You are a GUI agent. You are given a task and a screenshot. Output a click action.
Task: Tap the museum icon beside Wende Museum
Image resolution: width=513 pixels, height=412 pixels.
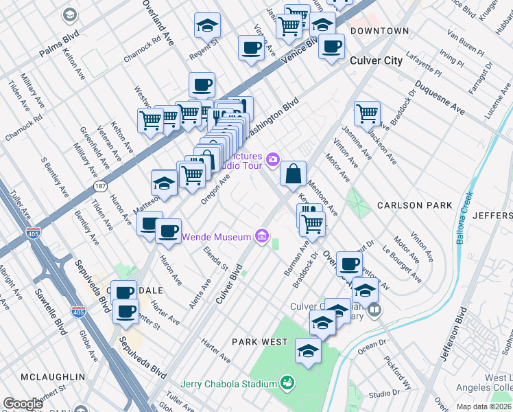(261, 238)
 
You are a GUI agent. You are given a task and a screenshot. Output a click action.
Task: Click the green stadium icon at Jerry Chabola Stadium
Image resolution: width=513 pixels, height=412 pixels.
(287, 382)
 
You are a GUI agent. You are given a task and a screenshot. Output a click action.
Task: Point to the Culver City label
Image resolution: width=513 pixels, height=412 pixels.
(376, 61)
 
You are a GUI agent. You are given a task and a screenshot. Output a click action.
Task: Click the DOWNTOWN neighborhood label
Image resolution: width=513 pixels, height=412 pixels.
(379, 31)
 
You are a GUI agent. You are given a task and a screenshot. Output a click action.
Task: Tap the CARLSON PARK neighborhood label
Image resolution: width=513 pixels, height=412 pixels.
(415, 205)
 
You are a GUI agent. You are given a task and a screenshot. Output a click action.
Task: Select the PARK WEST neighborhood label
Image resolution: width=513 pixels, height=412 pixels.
(259, 341)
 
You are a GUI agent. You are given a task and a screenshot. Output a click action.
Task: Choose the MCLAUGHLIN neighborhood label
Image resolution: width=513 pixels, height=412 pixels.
(52, 377)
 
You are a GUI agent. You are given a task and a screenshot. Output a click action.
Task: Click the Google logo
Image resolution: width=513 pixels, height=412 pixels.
(23, 404)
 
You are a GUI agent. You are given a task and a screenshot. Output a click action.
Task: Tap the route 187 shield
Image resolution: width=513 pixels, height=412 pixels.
(101, 186)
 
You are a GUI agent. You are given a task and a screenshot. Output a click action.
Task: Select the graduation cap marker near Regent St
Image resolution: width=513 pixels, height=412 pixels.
(207, 26)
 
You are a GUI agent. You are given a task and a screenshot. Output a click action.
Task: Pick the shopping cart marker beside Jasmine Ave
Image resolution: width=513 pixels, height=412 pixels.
(368, 113)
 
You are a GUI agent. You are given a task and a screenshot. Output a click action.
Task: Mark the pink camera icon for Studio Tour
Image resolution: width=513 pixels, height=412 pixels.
(273, 160)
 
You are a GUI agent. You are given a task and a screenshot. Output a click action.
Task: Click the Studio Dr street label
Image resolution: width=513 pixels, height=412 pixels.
(383, 393)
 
